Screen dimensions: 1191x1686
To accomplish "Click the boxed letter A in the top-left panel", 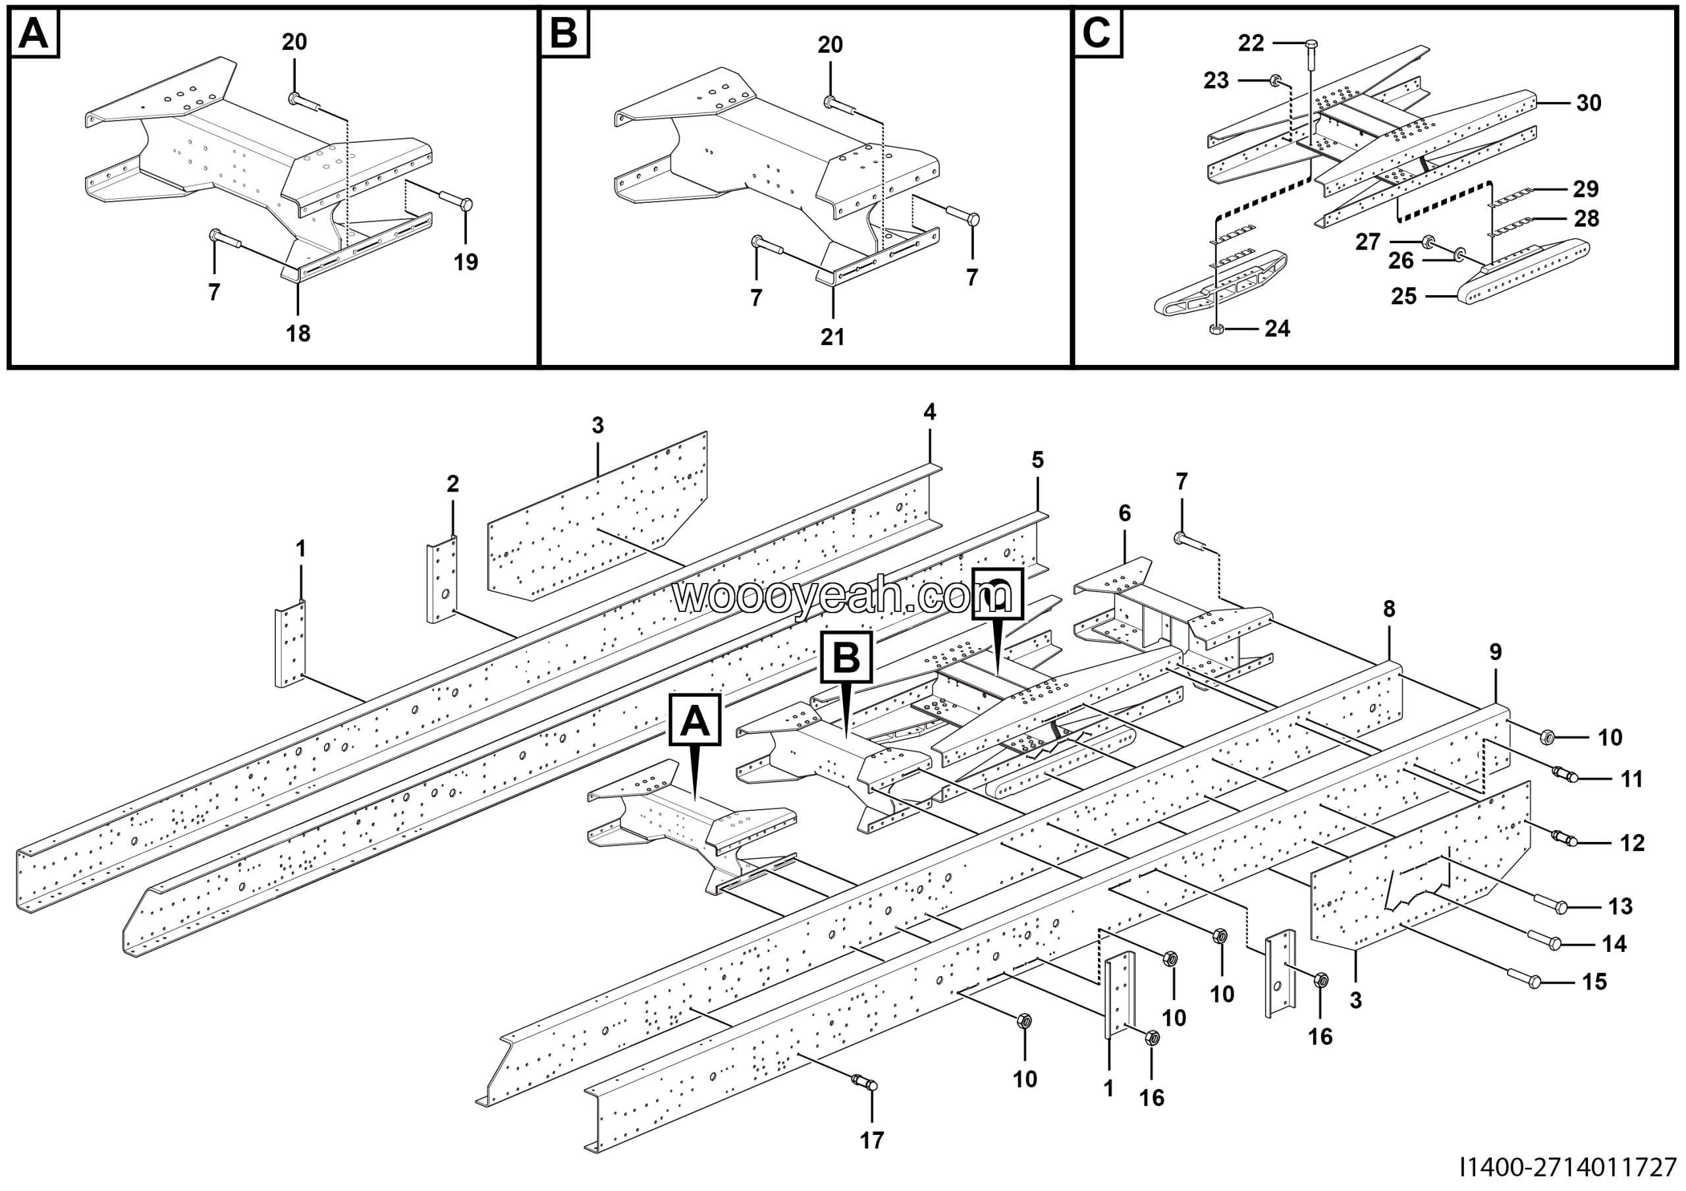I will (x=34, y=34).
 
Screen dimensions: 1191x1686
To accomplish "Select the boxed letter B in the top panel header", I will (x=564, y=34).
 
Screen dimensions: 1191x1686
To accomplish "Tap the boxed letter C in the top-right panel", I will (x=1097, y=34).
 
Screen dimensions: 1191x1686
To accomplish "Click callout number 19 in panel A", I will (x=466, y=262).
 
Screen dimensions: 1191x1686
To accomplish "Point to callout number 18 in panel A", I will (x=298, y=333).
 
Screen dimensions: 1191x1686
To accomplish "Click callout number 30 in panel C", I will (x=1589, y=103).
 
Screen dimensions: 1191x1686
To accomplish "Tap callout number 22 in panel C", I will (x=1251, y=43).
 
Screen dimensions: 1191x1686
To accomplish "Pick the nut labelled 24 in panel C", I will (x=1216, y=329).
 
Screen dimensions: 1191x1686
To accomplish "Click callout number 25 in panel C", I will (x=1403, y=296).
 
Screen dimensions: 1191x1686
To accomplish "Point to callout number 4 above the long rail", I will (x=930, y=412).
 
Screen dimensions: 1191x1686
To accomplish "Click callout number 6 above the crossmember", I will (x=1125, y=513).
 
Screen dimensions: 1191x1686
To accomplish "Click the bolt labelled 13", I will (x=1550, y=908).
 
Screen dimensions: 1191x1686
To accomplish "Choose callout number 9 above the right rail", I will (x=1496, y=652).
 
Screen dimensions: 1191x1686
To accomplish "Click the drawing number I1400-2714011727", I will (x=1567, y=1166).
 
